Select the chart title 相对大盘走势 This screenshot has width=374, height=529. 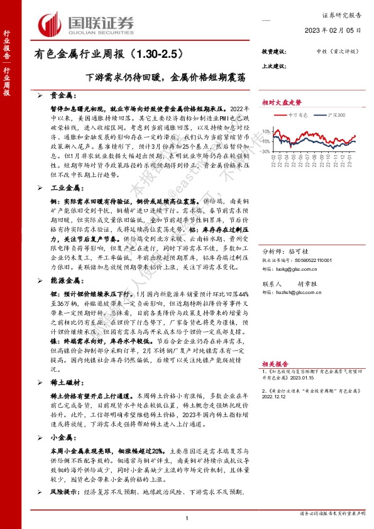[282, 101]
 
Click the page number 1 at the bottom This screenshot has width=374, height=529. [187, 517]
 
